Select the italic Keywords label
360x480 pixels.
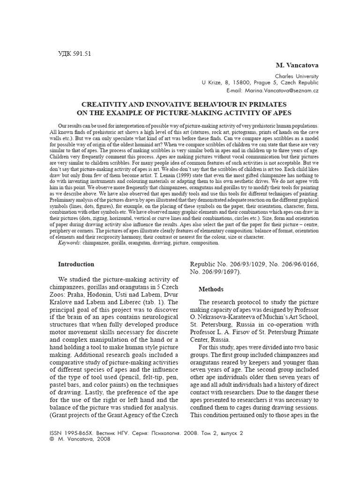tap(69, 243)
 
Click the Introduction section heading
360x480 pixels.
tap(76, 264)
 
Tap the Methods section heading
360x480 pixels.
tap(211, 289)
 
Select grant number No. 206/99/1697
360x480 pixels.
tap(217, 272)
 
